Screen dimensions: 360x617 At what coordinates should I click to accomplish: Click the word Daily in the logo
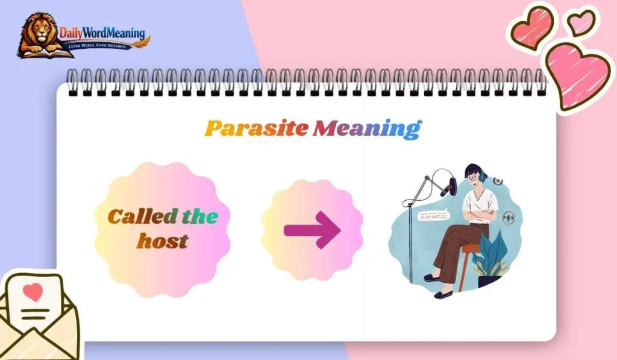coord(73,33)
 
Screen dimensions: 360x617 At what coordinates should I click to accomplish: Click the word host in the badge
coord(162,241)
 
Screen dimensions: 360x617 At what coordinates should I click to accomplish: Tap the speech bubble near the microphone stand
coord(434,215)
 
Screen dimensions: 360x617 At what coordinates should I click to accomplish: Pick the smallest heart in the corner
coord(581,22)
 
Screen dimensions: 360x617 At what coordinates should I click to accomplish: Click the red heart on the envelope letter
coord(34,292)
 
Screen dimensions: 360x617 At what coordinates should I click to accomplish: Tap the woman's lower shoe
coord(443,294)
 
